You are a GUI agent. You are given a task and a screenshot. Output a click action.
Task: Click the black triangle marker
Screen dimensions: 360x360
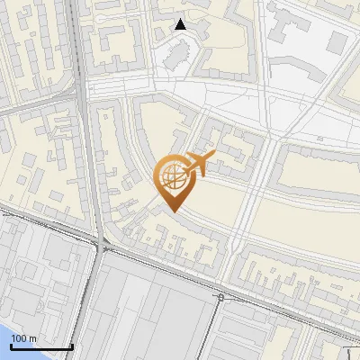pos(181,24)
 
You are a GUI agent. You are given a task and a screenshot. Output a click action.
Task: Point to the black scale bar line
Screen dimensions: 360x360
pos(41,347)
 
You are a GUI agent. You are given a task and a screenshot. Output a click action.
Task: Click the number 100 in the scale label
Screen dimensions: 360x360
pos(19,338)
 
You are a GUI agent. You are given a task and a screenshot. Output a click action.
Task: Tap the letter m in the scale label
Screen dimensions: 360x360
pos(33,338)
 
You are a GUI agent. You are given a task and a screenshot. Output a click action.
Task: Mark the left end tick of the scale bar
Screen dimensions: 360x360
pos(12,346)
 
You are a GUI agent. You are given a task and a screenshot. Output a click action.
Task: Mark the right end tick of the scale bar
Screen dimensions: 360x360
pos(72,346)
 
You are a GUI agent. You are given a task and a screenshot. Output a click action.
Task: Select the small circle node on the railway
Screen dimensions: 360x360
pos(220,296)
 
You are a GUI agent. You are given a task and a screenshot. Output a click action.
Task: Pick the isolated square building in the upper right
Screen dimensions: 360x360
pos(336,41)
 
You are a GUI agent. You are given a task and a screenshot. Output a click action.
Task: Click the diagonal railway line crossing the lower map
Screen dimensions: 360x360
pos(162,270)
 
